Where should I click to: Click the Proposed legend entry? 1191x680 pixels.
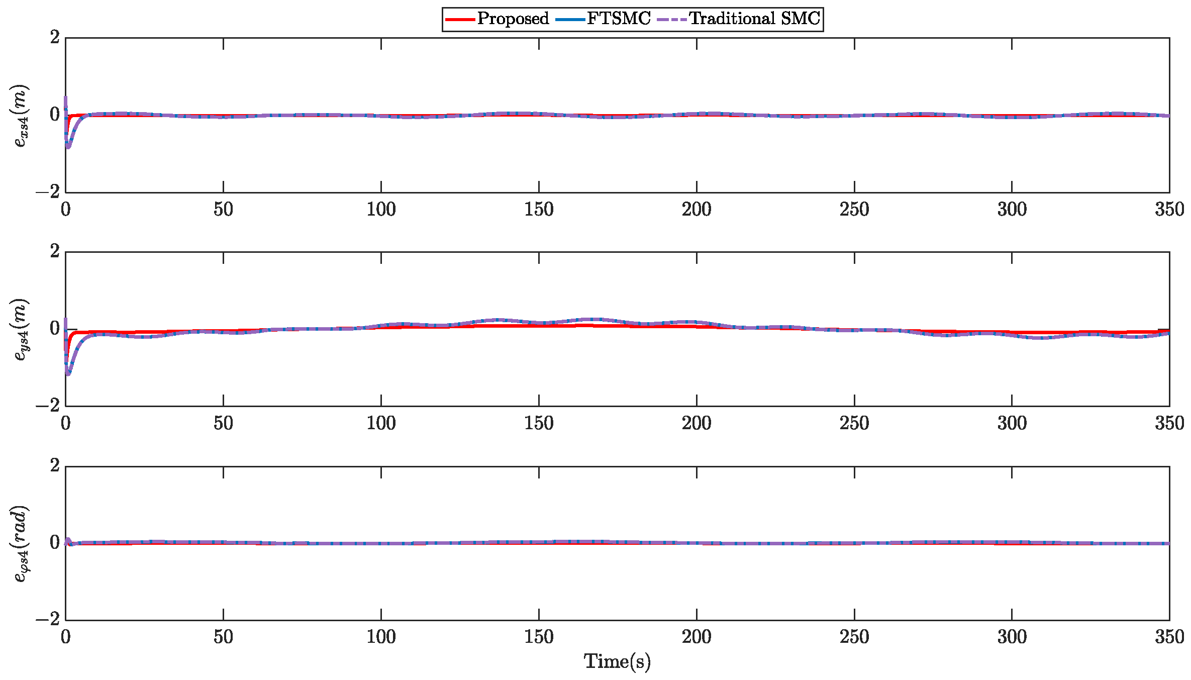[513, 19]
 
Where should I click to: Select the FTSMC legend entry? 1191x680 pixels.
[619, 19]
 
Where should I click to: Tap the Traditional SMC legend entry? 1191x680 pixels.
[754, 19]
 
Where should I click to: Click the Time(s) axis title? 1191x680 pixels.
[617, 661]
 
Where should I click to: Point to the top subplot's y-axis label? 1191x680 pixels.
[21, 116]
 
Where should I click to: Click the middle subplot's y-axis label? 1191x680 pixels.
[21, 330]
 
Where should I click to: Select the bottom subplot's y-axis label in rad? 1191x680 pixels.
[21, 544]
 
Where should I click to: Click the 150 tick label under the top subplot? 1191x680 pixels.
[539, 209]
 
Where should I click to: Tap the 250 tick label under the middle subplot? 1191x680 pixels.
[854, 423]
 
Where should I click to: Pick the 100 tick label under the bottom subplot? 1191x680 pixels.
[381, 637]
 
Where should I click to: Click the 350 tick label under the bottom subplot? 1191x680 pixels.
[1169, 637]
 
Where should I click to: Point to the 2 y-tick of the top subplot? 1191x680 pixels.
[55, 37]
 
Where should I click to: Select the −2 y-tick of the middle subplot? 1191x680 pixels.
[48, 406]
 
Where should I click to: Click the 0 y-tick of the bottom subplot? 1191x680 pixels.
[55, 543]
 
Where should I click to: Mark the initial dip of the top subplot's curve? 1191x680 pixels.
[68, 146]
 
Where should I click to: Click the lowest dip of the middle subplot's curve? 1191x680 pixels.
[68, 373]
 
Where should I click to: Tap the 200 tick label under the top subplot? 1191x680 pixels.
[697, 209]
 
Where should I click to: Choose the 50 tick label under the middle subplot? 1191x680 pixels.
[223, 423]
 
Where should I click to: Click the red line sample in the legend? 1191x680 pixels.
[460, 19]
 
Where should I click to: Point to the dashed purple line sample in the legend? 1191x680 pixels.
[672, 19]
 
